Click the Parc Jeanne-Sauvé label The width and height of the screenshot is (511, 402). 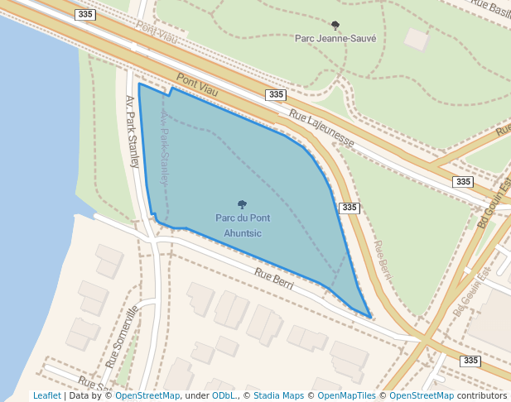coord(335,38)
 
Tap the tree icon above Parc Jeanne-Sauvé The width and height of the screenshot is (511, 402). coord(335,26)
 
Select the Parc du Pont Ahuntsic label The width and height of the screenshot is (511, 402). coord(242,225)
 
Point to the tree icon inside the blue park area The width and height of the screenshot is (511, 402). coord(242,204)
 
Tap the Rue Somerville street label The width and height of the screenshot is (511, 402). coord(122,336)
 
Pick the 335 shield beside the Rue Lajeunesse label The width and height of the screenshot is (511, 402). coord(276,95)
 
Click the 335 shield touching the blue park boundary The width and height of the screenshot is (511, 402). coord(350,208)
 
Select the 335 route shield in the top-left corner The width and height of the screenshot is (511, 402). coord(84,15)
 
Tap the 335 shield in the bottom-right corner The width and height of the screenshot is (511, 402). coord(470,361)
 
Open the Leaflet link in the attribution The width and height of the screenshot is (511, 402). coord(46,395)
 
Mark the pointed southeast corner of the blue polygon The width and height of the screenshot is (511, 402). coord(369,317)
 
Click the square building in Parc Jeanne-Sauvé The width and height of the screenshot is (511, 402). coord(417,39)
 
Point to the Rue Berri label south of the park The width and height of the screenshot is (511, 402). coord(274,278)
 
